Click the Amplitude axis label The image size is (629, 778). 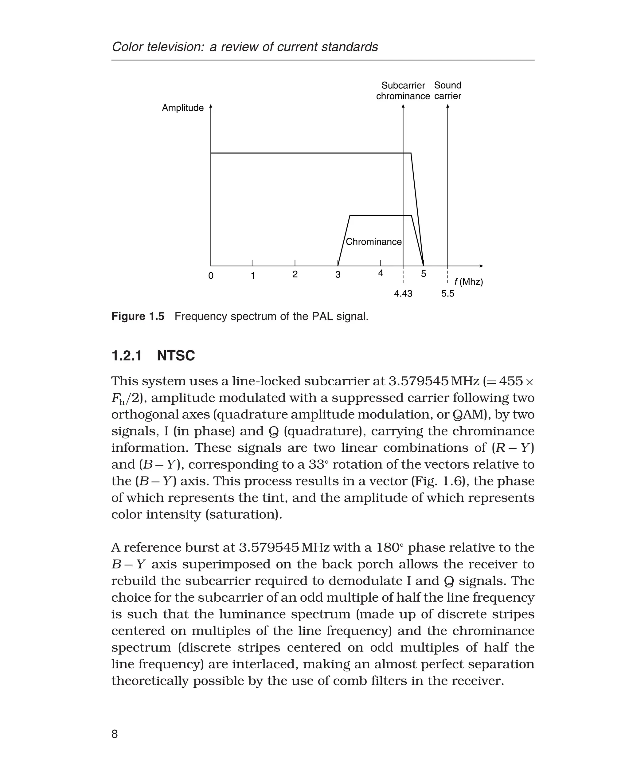(183, 108)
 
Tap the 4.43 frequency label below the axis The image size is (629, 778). (403, 294)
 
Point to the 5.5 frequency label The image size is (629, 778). (447, 294)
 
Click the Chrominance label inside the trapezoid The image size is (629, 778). (373, 242)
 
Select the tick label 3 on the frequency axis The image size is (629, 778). (338, 275)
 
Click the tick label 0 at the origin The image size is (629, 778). (211, 276)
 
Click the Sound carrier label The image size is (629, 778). (447, 91)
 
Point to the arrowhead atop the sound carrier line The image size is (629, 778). (448, 106)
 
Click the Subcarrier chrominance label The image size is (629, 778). (403, 91)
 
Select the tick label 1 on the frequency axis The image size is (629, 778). (253, 276)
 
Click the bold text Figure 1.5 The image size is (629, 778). (138, 316)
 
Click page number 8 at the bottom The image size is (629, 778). (115, 734)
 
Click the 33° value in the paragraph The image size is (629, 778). (318, 464)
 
